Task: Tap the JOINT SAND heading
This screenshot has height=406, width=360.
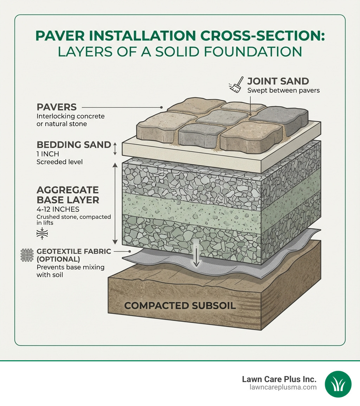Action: pyautogui.click(x=278, y=81)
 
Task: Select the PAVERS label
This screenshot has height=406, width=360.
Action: pyautogui.click(x=57, y=107)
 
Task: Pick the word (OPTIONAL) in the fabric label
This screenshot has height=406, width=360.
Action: pyautogui.click(x=58, y=259)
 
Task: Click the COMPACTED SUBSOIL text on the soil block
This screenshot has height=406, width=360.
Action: pyautogui.click(x=180, y=305)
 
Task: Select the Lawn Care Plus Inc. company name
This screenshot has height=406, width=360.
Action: pyautogui.click(x=279, y=379)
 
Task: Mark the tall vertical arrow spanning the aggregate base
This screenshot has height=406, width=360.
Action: pyautogui.click(x=115, y=204)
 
